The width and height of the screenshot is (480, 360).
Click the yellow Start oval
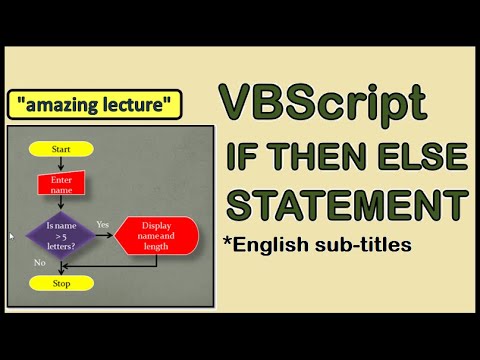[60, 149]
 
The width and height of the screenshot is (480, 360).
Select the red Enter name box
[60, 184]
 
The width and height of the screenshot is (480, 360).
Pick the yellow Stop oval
[60, 283]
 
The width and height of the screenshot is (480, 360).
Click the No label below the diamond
[39, 262]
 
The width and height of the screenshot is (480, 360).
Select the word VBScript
[322, 105]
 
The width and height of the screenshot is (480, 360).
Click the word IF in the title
[248, 157]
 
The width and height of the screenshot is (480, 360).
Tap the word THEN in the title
[325, 157]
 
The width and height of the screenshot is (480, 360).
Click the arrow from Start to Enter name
[60, 165]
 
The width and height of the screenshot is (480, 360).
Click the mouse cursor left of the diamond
[11, 237]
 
